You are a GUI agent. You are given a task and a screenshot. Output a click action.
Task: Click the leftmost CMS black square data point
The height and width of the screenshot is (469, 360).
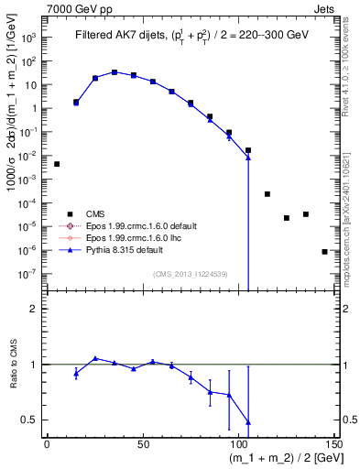point(57,164)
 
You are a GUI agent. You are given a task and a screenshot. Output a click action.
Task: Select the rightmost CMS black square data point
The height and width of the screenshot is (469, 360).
point(324,251)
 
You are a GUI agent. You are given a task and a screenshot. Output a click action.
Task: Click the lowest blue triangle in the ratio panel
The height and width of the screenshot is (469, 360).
point(248,422)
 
